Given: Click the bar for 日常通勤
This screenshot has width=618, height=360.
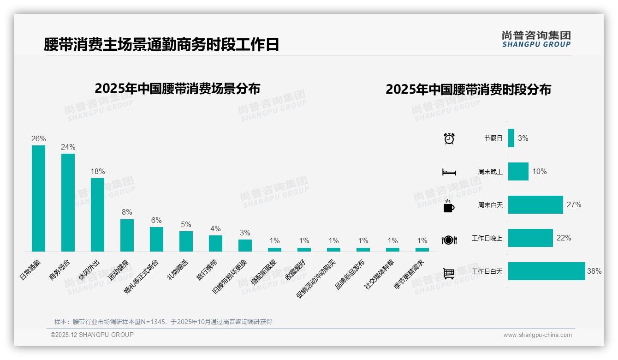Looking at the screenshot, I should coord(38,198).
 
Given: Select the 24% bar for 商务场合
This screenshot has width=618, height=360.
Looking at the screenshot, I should coord(68,203).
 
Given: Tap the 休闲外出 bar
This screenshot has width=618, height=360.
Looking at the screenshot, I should coord(97,215).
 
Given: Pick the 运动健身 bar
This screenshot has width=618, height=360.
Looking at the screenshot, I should coord(127,235).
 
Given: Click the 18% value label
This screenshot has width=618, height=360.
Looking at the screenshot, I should coord(97,171).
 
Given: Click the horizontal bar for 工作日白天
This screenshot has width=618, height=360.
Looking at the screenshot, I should coord(547,271).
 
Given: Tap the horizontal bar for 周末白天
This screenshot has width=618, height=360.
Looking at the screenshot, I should coord(535,204).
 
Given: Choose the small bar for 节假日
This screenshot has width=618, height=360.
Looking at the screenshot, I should coord(511,138).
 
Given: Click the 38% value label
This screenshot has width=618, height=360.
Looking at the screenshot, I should coord(594,271).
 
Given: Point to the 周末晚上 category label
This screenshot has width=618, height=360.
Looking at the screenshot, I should coord(490,172).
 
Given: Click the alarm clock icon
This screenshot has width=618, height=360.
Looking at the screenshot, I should coord(449,138).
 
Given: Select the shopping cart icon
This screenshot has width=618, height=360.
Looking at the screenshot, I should coord(449,273).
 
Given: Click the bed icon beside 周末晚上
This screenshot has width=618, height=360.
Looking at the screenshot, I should coord(449,172).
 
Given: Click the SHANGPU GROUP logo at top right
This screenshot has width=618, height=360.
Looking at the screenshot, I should coord(536,39).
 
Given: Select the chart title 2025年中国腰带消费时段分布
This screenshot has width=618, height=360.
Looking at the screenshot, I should coord(468,90).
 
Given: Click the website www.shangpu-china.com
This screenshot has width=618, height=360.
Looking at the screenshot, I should coord(537,335).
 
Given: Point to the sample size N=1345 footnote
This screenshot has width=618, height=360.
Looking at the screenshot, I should coord(163,322).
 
